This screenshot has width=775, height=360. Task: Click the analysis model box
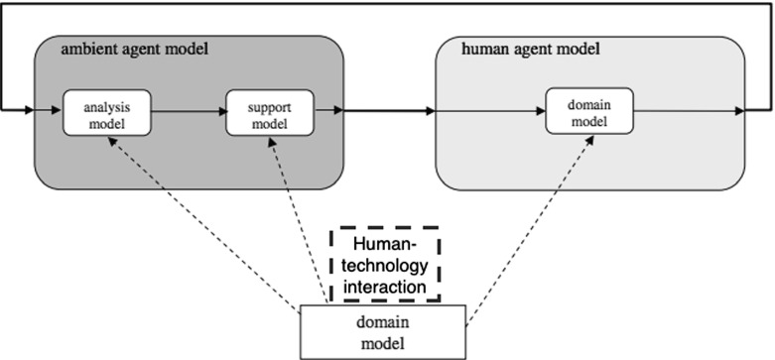tap(107, 112)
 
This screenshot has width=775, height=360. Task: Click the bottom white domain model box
tap(382, 331)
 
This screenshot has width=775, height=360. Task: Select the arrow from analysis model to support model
tap(189, 112)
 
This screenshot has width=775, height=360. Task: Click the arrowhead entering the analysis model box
tap(58, 112)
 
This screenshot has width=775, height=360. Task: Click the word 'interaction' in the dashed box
tap(385, 286)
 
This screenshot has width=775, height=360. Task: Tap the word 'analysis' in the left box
tap(107, 104)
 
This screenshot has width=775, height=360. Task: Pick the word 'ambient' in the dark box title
tap(84, 51)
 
